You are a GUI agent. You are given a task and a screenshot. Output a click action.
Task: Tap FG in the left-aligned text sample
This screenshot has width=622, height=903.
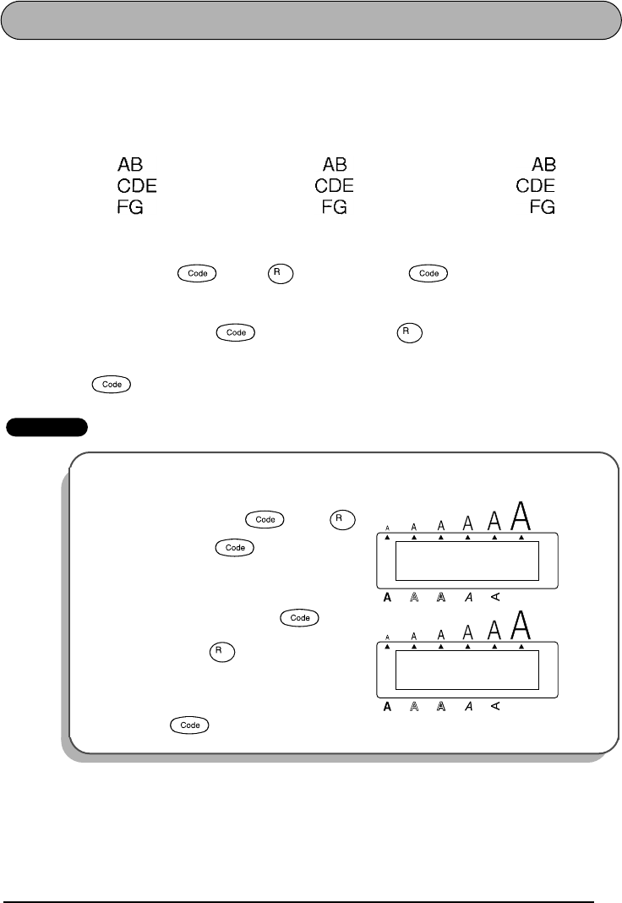[130, 207]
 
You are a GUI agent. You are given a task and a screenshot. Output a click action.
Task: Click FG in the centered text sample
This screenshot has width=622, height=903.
[335, 207]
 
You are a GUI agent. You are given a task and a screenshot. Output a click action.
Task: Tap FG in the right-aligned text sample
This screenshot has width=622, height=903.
[543, 207]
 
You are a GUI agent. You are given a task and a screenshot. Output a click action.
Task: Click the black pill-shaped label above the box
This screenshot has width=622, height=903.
[46, 427]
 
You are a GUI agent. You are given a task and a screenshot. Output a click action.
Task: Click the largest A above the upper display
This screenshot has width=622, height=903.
[523, 513]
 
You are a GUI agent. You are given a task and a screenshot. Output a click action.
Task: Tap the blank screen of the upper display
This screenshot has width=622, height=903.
[466, 561]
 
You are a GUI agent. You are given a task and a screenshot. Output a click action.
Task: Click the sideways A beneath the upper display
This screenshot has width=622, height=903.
[495, 597]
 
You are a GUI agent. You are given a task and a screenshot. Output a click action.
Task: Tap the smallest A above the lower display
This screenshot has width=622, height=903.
[387, 637]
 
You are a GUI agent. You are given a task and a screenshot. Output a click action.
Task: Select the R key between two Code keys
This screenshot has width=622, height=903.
[276, 273]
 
